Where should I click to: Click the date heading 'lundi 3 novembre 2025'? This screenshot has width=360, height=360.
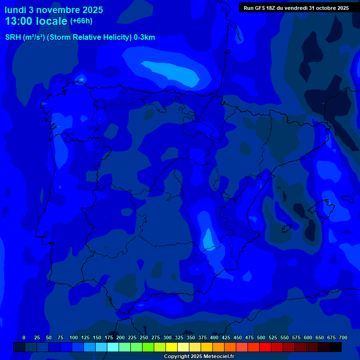tap(54, 10)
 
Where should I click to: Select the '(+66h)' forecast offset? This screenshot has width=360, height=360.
tap(81, 21)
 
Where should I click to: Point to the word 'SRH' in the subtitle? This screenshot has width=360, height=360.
tap(13, 37)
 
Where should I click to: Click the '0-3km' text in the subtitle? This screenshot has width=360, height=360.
tap(144, 37)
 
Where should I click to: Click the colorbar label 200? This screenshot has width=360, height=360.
tap(120, 337)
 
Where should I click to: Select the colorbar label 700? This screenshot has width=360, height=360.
tap(343, 337)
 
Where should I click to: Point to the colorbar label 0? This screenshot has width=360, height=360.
tap(24, 337)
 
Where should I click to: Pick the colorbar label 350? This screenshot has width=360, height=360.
tap(191, 337)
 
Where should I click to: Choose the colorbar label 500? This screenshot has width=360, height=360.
tap(261, 337)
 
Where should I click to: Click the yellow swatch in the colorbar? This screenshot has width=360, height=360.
tap(172, 347)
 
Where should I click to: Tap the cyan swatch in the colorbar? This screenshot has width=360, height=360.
tap(113, 347)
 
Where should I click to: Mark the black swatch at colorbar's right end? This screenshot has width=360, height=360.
tap(336, 347)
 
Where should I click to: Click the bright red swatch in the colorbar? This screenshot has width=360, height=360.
tap(265, 347)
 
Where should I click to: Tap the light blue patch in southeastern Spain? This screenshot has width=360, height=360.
tap(208, 239)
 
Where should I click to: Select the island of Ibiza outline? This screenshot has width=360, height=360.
tap(287, 228)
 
